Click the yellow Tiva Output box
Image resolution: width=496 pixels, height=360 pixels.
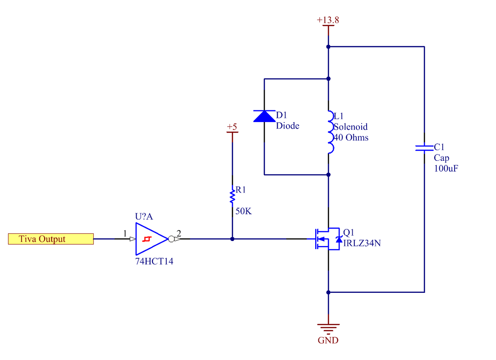(x=51, y=239)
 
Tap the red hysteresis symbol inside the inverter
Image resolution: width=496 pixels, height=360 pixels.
(x=147, y=239)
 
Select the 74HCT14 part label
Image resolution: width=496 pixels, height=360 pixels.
(x=154, y=261)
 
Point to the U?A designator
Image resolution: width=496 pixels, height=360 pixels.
(x=144, y=217)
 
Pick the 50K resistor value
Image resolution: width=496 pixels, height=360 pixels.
(x=243, y=211)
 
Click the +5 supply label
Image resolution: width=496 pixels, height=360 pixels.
(x=232, y=127)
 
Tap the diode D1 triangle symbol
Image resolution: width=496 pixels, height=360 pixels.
(x=264, y=116)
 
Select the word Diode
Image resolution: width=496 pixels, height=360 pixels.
(x=288, y=126)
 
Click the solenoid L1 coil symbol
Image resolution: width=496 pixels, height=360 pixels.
(x=331, y=132)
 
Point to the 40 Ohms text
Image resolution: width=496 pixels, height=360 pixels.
(x=351, y=137)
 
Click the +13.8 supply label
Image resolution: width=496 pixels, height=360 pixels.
(x=328, y=20)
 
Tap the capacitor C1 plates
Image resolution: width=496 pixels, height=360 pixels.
(x=424, y=148)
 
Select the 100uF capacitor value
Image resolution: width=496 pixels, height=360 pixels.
(x=446, y=169)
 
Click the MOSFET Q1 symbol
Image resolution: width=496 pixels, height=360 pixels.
(x=327, y=239)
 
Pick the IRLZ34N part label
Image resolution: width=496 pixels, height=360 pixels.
(x=362, y=243)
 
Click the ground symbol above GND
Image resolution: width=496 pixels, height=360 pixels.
(x=328, y=329)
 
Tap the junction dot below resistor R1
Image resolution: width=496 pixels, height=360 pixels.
(x=232, y=239)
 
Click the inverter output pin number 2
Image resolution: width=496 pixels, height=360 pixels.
(x=179, y=233)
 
